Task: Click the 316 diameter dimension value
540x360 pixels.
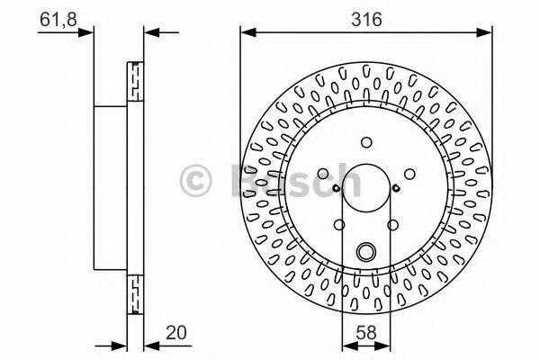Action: click(x=365, y=18)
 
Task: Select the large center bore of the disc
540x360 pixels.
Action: click(x=365, y=187)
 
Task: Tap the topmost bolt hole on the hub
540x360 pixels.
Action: click(x=365, y=141)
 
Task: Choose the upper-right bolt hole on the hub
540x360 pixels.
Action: click(x=408, y=172)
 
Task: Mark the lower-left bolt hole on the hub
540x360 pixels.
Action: click(x=339, y=226)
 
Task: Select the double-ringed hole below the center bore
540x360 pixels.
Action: click(x=365, y=253)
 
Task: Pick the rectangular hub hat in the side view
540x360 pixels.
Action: click(x=112, y=187)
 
